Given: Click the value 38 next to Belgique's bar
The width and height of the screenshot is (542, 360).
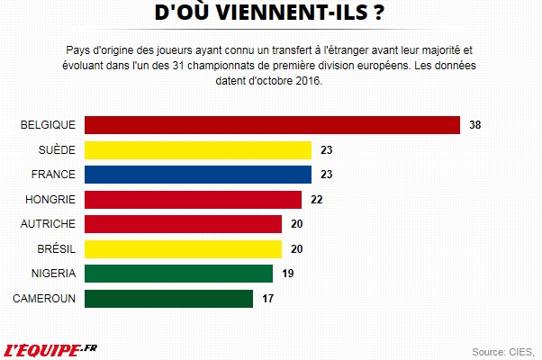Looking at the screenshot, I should point(476,125).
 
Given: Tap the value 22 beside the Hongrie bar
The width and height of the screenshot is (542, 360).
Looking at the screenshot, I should point(317,199).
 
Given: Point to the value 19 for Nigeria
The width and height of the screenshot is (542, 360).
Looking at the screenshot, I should point(288,273).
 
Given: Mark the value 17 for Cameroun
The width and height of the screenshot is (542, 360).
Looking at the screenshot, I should point(268,298).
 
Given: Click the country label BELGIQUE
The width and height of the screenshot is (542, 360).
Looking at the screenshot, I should point(48,125).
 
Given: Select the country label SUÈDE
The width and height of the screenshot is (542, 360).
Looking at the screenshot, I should point(58,149).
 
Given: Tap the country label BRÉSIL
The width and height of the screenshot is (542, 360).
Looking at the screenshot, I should point(56,248).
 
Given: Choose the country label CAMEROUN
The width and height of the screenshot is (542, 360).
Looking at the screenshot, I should point(44,298).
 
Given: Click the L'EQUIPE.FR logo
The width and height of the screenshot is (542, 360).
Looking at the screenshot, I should point(51,348).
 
